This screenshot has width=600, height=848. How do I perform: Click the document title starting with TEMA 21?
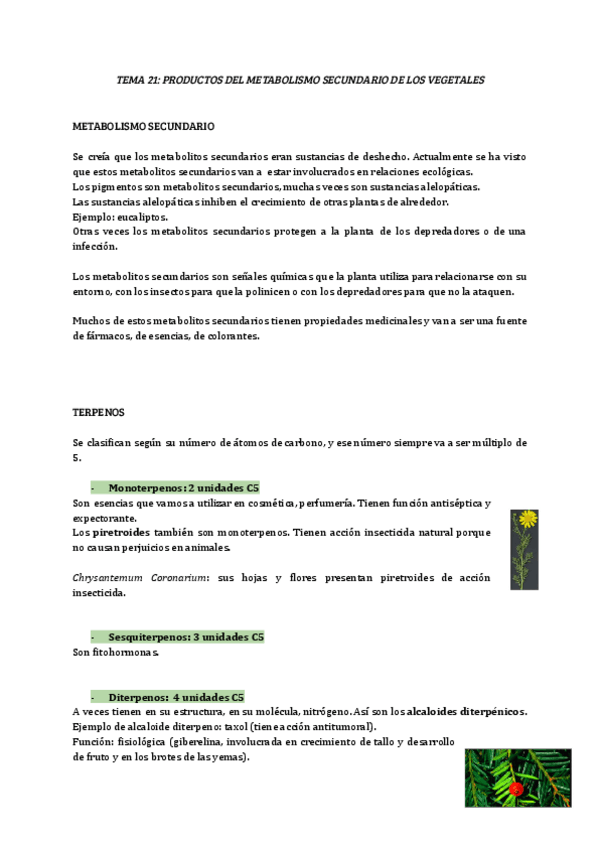click(x=300, y=79)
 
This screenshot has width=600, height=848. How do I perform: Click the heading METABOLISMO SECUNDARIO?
click(x=143, y=127)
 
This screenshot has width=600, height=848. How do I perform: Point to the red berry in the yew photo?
click(x=516, y=788)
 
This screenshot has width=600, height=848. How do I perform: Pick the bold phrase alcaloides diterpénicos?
click(x=466, y=711)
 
